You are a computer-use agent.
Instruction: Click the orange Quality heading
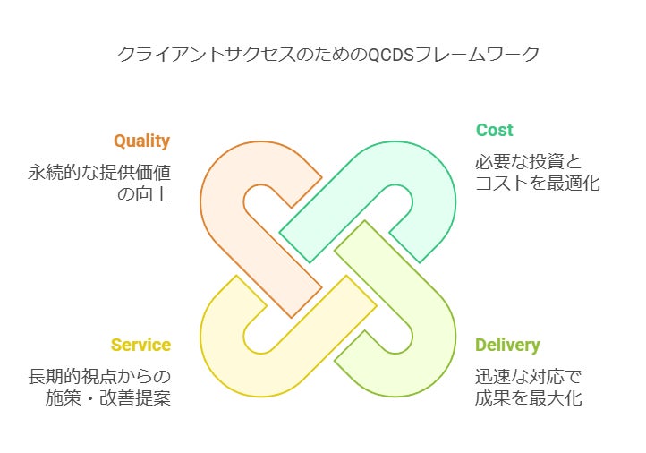click(141, 141)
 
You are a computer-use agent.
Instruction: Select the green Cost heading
click(494, 130)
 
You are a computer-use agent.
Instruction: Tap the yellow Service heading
click(140, 345)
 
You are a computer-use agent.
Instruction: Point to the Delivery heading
click(507, 345)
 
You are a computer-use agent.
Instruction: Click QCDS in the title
click(395, 55)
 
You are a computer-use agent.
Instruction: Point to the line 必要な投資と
click(528, 162)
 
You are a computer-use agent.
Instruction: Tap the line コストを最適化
click(537, 184)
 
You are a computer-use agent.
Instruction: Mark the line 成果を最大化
click(528, 397)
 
